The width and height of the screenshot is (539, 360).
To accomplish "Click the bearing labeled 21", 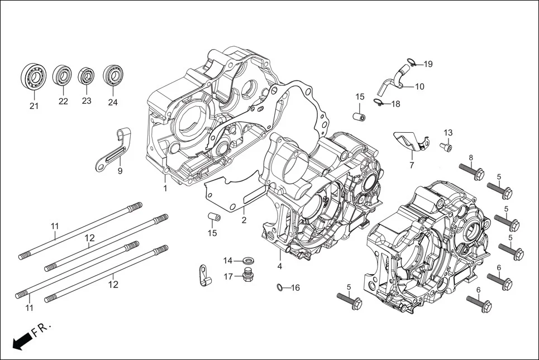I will pyautogui.click(x=34, y=76).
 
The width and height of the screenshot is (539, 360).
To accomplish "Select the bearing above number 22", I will pyautogui.click(x=63, y=75).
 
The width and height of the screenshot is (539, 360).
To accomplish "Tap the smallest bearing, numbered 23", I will pyautogui.click(x=87, y=76).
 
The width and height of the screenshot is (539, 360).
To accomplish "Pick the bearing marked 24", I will pyautogui.click(x=113, y=75).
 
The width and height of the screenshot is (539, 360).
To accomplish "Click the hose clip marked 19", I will pyautogui.click(x=411, y=63).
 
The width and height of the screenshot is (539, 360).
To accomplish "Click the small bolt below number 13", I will pyautogui.click(x=447, y=146).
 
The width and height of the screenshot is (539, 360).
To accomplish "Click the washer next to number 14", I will pyautogui.click(x=246, y=261).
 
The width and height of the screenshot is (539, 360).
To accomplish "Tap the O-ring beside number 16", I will pyautogui.click(x=279, y=287).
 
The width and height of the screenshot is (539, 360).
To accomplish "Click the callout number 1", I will pyautogui.click(x=165, y=189).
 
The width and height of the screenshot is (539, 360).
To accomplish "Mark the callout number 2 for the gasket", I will pyautogui.click(x=244, y=220).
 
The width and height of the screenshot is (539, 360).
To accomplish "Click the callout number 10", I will pyautogui.click(x=419, y=87).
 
